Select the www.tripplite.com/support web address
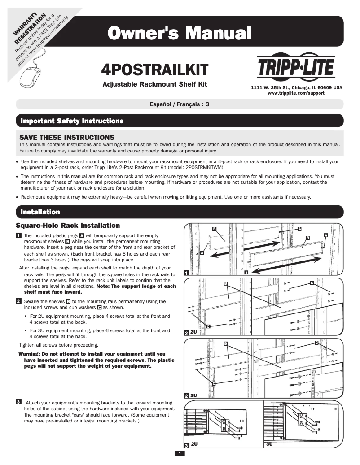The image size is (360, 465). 296,93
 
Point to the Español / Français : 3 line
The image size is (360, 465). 180,104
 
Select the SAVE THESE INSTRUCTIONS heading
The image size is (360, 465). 67,137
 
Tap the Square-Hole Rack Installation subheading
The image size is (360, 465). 68,225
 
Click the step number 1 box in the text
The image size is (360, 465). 18,235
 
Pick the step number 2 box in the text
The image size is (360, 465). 18,301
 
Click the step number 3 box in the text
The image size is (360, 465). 18,401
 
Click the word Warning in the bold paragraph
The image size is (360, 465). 29,354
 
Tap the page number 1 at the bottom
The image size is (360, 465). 179,454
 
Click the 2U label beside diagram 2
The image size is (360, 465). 193,332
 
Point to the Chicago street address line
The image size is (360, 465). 296,87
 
